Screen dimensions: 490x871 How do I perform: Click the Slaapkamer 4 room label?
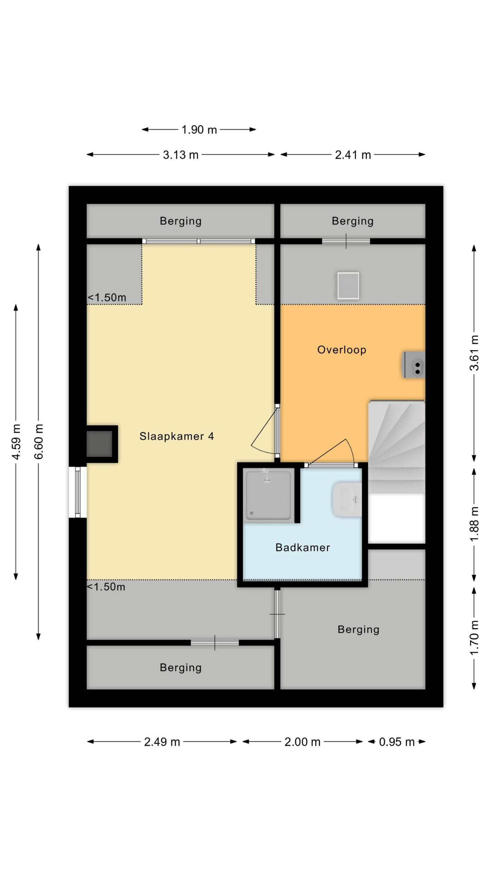pos(177,436)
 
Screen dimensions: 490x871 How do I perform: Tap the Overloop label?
pos(342,350)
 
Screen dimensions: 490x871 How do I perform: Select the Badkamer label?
pos(303,547)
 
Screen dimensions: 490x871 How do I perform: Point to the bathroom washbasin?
pos(347,499)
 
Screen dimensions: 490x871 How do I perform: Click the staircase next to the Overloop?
pos(397,446)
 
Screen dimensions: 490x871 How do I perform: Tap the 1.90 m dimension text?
pos(199,130)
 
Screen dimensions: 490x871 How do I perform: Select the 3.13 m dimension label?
pos(180,155)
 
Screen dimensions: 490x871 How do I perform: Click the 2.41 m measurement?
pos(353,155)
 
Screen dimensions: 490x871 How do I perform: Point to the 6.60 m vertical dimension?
pos(38,442)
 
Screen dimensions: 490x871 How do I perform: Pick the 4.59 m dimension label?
pos(16,442)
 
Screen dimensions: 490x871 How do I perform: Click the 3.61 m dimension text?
pos(474,353)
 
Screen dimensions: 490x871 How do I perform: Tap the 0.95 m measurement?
pos(397,742)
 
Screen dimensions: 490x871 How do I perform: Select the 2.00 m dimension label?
pos(303,742)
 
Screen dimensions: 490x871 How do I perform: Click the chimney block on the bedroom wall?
pos(101,444)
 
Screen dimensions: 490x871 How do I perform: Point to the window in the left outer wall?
pos(78,492)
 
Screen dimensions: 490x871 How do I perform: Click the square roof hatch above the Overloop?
pos(348,285)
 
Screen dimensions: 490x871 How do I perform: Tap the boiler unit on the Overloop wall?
pos(413,365)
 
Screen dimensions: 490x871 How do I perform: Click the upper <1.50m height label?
pos(107,297)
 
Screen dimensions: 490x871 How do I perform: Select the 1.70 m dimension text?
pos(474,638)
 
